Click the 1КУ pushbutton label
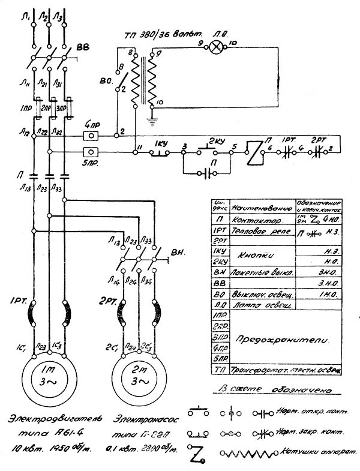[160, 145]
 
